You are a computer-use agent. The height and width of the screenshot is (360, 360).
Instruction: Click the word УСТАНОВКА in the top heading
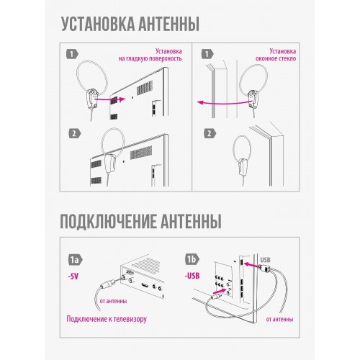click(x=98, y=24)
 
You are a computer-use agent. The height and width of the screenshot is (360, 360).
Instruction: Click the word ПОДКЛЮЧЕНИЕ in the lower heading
click(x=107, y=221)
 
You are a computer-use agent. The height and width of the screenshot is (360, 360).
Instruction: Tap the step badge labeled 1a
click(x=75, y=260)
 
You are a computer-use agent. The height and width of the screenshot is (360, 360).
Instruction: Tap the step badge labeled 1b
click(x=192, y=259)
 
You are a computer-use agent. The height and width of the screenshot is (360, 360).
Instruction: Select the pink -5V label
click(x=73, y=276)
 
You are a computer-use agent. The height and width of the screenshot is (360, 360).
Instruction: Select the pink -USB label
click(x=192, y=276)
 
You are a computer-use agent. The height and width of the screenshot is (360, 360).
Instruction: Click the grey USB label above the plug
click(x=265, y=260)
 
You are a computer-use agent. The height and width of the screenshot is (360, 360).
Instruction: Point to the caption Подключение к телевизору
click(x=107, y=319)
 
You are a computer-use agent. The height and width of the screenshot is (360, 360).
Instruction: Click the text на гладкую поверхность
click(x=150, y=58)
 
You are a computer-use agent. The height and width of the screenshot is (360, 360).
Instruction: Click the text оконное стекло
click(x=276, y=58)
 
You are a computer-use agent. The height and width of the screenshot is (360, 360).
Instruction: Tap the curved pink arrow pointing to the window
click(x=225, y=103)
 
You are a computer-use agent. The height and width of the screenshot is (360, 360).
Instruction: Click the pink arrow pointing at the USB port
click(x=251, y=265)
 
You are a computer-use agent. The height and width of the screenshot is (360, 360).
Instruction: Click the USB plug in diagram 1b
click(x=264, y=269)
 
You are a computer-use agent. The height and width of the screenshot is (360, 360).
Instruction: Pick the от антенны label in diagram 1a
click(x=113, y=301)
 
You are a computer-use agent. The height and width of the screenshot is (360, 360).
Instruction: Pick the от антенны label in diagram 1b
click(x=279, y=319)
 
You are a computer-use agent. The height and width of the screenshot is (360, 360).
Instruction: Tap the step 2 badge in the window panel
click(x=210, y=133)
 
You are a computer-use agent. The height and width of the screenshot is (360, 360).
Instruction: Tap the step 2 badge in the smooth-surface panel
click(x=75, y=133)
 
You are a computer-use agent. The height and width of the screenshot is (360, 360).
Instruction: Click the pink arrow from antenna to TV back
click(x=110, y=99)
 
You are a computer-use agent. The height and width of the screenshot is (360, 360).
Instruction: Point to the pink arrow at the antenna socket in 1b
click(x=220, y=292)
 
